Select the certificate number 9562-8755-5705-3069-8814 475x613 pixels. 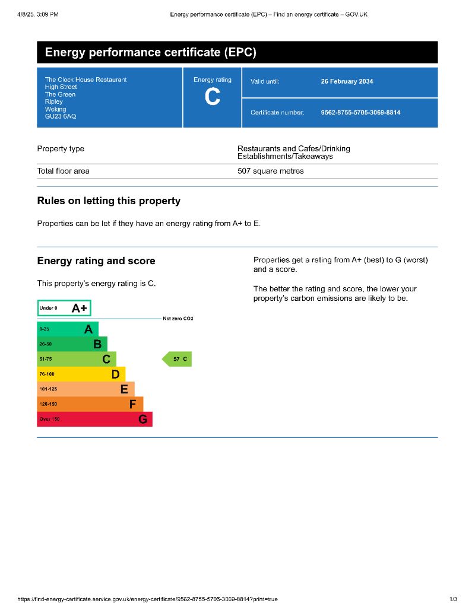360,112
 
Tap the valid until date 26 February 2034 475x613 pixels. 347,82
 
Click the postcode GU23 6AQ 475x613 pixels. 61,117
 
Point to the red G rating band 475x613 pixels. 94,420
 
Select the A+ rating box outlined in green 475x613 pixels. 64,309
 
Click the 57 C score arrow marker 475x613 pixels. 178,359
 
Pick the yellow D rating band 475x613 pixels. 81,374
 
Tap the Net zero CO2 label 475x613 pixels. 178,319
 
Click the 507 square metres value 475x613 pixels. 270,171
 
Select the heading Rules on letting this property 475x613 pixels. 109,201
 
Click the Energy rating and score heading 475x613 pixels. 96,261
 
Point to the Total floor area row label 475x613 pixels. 64,171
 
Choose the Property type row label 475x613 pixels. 61,149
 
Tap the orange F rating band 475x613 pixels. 90,404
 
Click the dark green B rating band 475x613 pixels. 72,344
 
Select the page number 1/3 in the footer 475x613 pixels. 454,600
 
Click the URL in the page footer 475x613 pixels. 147,600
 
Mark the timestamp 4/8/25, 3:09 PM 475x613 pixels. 37,14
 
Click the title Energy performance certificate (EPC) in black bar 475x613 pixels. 151,53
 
